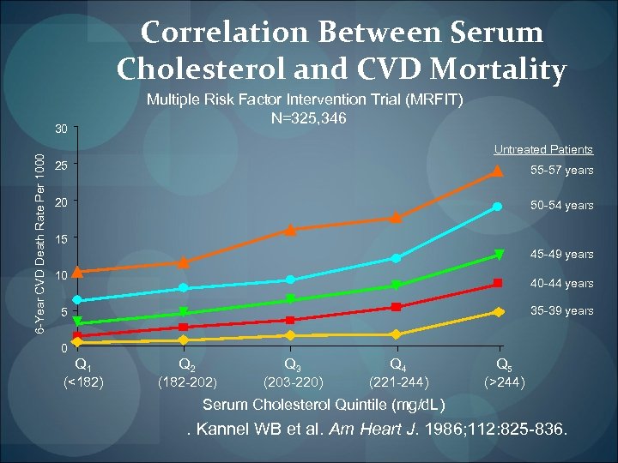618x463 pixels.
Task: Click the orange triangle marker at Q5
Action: click(x=498, y=171)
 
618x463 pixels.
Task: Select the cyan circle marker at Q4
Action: click(x=397, y=258)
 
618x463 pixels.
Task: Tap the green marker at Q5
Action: click(x=498, y=256)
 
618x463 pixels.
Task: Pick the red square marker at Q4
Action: click(x=397, y=307)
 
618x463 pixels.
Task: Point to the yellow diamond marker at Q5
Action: click(x=498, y=312)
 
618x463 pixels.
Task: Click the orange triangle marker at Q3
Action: click(x=290, y=229)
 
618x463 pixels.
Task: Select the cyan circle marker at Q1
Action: click(x=77, y=300)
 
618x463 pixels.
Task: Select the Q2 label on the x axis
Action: click(x=184, y=364)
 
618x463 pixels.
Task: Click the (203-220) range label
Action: click(x=293, y=382)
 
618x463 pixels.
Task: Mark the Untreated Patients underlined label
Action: click(x=543, y=150)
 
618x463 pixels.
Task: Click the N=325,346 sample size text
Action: click(x=306, y=117)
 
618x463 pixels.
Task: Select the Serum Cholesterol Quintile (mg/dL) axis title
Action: click(x=323, y=405)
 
